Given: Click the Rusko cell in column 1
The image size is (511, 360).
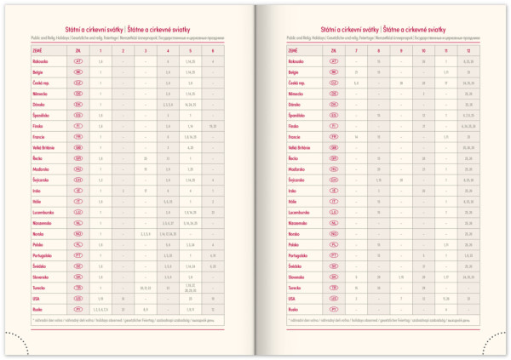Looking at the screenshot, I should click(x=101, y=309).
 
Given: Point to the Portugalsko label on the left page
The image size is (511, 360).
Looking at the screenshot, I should click(x=37, y=255).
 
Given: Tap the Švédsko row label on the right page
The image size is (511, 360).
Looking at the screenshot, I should click(x=295, y=266).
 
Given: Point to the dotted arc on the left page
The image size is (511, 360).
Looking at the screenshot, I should click(x=17, y=340).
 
